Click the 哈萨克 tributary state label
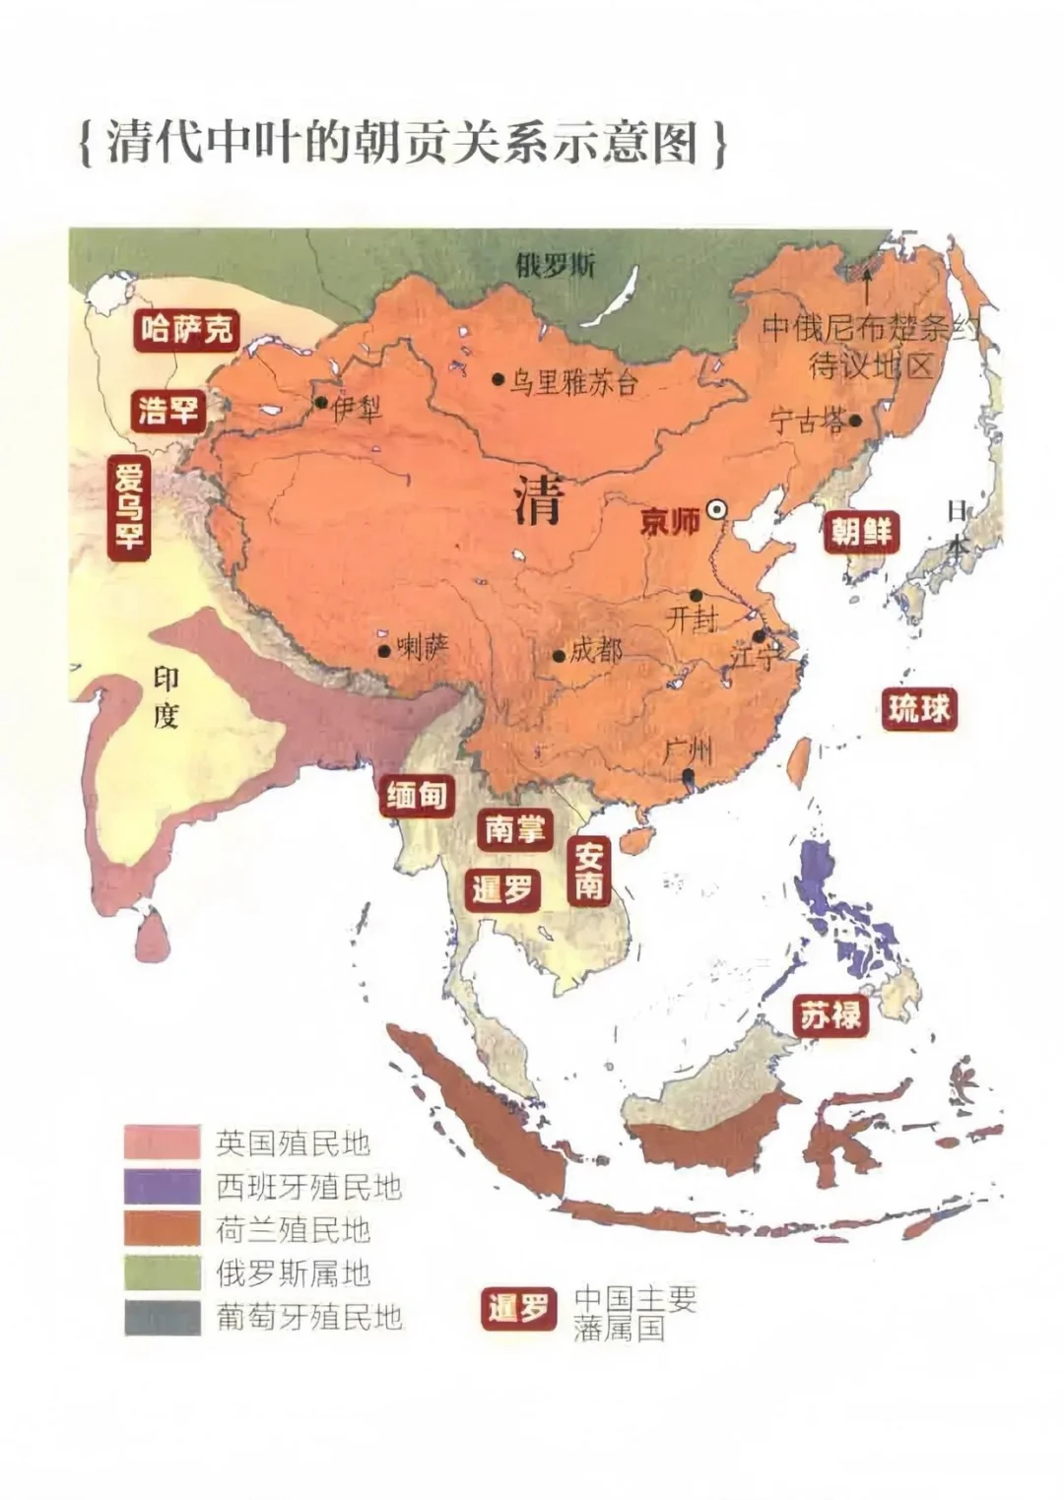(187, 329)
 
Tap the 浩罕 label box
(169, 409)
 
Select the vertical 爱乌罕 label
(129, 506)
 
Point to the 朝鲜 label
(862, 532)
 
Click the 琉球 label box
(918, 708)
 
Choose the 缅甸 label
(417, 795)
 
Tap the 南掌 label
(514, 829)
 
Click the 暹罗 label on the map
(502, 889)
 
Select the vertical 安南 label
(589, 871)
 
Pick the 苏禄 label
(831, 1014)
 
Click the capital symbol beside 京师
(717, 509)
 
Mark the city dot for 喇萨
(383, 651)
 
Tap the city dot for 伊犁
(321, 403)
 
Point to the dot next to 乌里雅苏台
(499, 379)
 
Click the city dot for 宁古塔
(855, 421)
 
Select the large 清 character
(538, 500)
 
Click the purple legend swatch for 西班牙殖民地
(162, 1187)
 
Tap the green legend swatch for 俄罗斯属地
(162, 1273)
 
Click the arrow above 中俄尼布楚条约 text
(867, 286)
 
